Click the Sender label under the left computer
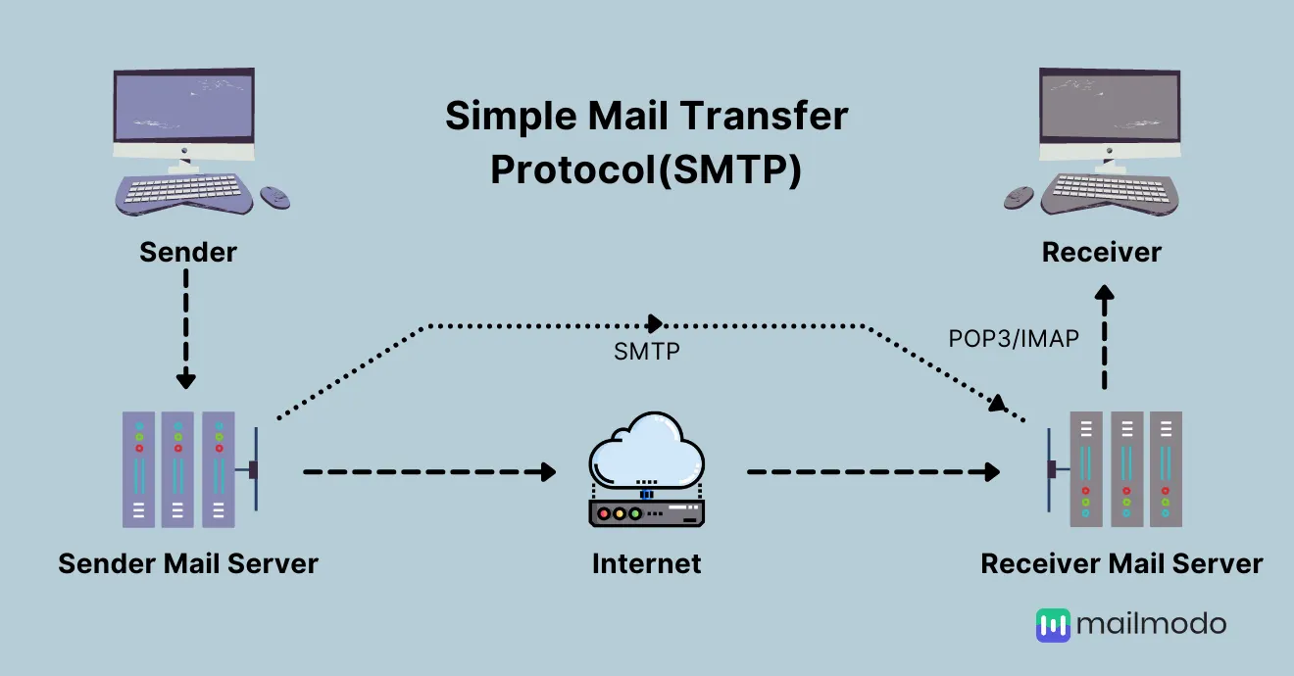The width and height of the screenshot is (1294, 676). pos(188,252)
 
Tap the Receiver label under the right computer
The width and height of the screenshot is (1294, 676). pos(1102,252)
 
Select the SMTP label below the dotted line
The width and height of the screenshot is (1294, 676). pos(647,352)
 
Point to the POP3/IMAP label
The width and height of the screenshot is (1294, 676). pos(1014,339)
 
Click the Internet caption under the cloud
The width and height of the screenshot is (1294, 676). pos(646,563)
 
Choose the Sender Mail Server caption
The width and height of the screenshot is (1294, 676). pos(188,563)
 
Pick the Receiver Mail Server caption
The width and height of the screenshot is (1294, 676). pos(1121,563)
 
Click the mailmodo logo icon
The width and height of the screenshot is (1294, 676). pos(1053,625)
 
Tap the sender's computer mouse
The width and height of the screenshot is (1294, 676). pos(274,198)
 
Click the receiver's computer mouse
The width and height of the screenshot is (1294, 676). pos(1019,198)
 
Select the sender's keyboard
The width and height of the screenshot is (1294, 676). pos(183,193)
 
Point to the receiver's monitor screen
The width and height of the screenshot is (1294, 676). pos(1110,107)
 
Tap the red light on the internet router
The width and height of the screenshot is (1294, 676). pos(604,513)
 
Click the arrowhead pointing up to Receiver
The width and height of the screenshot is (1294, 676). pos(1105,292)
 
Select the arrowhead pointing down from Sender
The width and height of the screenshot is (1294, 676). pos(185,380)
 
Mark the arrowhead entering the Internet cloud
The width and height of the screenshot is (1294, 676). pos(549,471)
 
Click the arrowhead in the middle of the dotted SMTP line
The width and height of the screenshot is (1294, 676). pos(655,324)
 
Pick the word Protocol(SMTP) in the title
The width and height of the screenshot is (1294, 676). pos(646,169)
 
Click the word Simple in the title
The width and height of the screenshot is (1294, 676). pos(511,117)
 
